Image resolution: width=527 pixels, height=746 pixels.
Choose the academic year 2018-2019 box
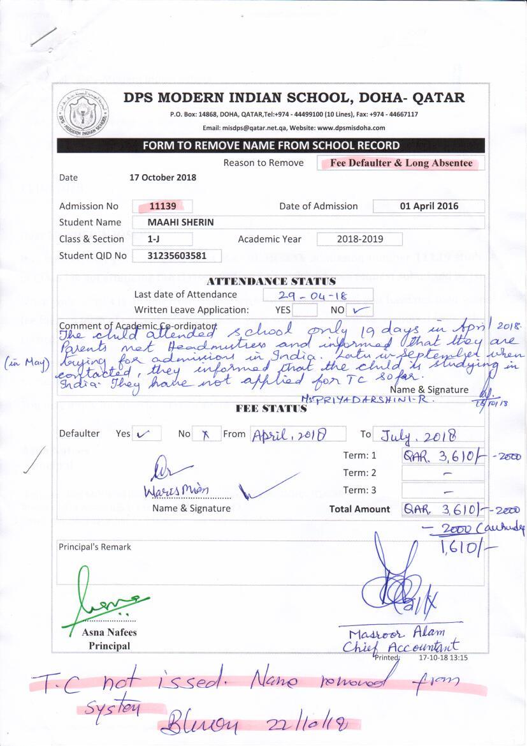(359, 239)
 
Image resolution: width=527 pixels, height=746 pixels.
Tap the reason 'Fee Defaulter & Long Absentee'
(401, 163)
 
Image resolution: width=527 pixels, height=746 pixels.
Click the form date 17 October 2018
(162, 177)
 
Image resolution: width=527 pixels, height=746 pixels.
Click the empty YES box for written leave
(305, 311)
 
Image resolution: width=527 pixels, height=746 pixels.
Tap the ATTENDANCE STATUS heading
(271, 281)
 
